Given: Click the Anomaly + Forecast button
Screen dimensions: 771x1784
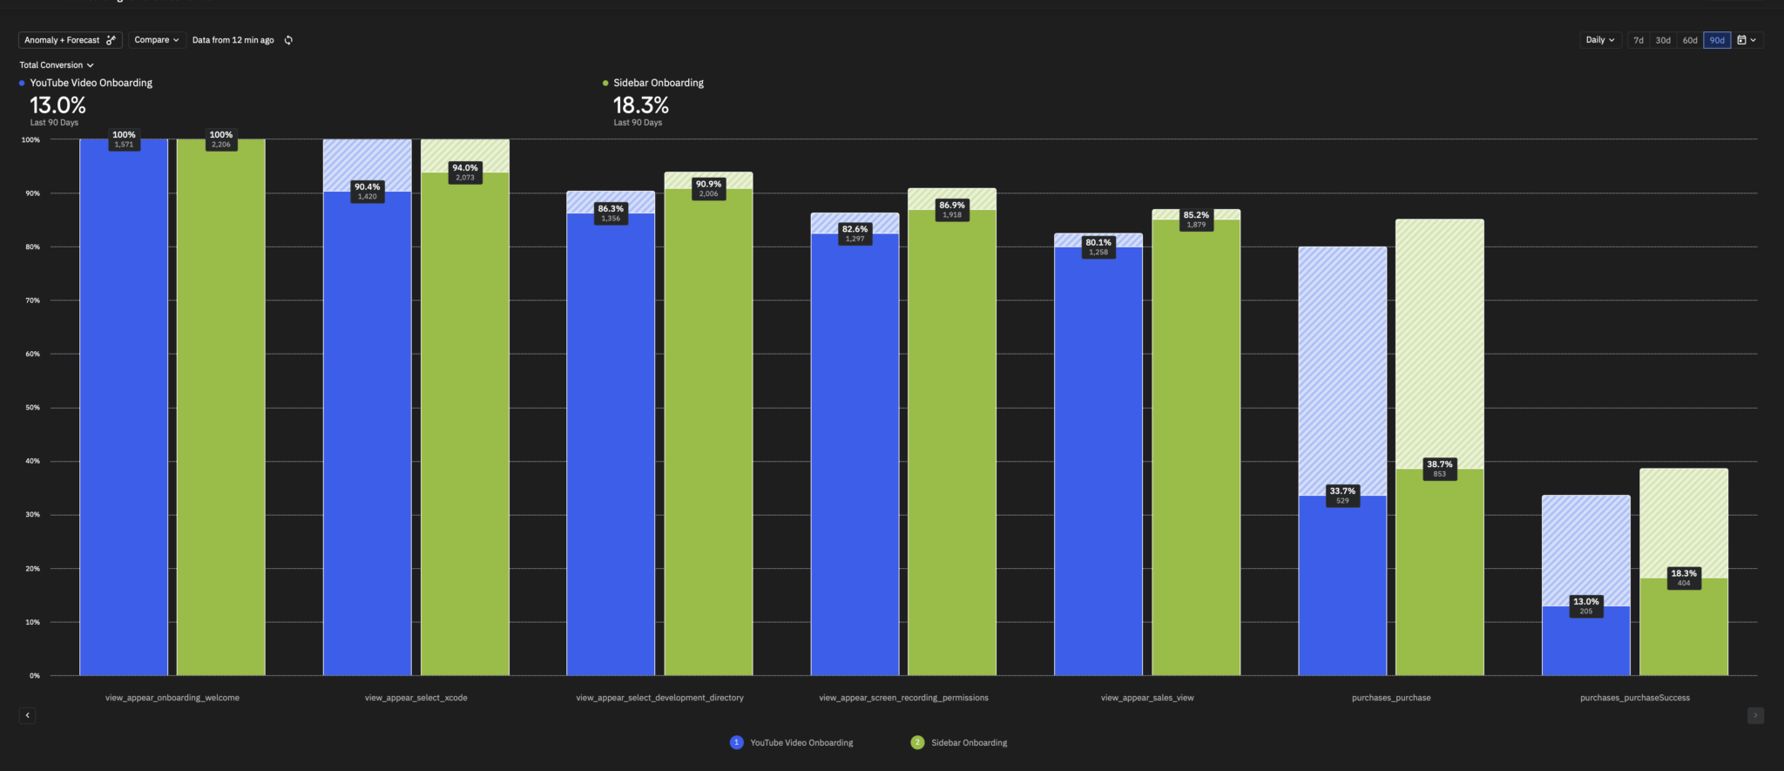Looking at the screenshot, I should (x=70, y=40).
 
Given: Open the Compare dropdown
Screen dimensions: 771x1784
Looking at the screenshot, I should (x=157, y=40).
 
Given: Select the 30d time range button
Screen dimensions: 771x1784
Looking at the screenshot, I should (x=1663, y=40).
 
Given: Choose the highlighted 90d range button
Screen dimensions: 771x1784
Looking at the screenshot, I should (x=1717, y=40).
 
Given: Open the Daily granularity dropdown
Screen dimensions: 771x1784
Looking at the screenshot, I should (x=1600, y=40).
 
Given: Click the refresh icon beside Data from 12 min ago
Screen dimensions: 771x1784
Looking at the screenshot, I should (x=288, y=40).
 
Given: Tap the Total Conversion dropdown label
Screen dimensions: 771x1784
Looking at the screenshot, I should (x=56, y=65).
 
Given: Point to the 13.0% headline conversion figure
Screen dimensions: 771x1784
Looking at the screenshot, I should (x=57, y=105).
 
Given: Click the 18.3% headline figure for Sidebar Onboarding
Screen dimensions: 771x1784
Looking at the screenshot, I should (x=640, y=105).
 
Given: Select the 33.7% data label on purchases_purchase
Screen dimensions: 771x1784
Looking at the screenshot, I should (x=1342, y=491).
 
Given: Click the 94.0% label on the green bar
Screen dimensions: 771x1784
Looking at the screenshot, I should (x=465, y=168).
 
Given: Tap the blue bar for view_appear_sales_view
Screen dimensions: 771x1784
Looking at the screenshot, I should (x=1098, y=462).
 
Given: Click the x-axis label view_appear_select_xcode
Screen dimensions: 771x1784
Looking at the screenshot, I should (x=416, y=698).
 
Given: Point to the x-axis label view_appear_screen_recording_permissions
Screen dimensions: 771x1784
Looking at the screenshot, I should (x=903, y=698).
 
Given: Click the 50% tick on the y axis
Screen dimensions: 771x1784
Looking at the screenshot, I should (x=32, y=408).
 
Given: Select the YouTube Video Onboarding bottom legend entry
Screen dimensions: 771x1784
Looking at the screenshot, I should (x=792, y=743).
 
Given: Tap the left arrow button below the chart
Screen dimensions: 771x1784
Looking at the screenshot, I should (x=27, y=715).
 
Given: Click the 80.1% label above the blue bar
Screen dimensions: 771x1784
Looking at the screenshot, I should (x=1098, y=243).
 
